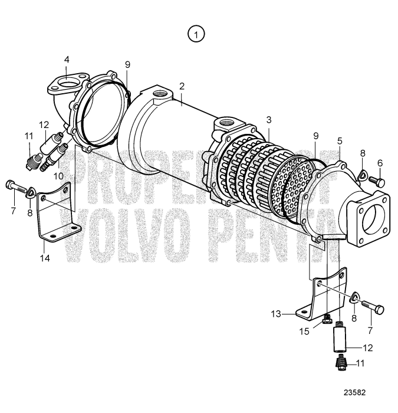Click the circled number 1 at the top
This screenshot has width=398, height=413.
click(196, 35)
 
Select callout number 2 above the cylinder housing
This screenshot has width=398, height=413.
click(182, 86)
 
